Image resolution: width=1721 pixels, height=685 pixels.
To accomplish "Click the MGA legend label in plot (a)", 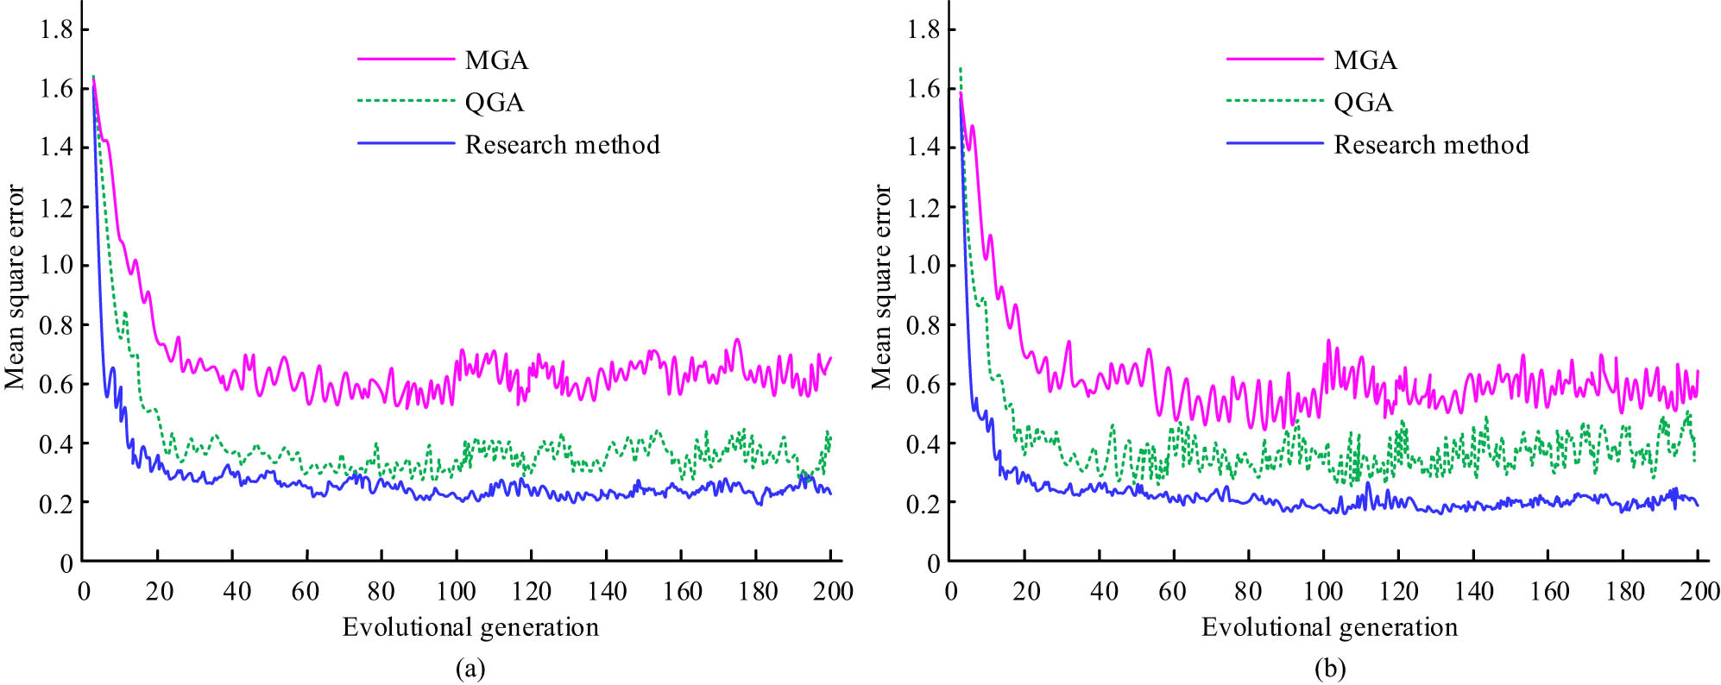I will pyautogui.click(x=496, y=60).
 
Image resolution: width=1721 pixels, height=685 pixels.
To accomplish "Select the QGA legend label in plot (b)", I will pyautogui.click(x=1363, y=103).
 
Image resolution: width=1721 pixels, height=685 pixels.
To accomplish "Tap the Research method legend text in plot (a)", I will pyautogui.click(x=562, y=145).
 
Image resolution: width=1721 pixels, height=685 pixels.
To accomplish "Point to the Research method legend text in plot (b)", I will pyautogui.click(x=1431, y=145).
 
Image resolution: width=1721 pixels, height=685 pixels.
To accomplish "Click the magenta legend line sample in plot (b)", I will pyautogui.click(x=1274, y=60).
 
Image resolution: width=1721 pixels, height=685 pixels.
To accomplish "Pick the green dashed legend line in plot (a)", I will pyautogui.click(x=406, y=102).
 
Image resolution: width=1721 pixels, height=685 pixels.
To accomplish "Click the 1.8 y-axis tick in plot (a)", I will pyautogui.click(x=55, y=30).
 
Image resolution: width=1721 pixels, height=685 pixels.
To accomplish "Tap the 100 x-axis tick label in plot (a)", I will pyautogui.click(x=456, y=592).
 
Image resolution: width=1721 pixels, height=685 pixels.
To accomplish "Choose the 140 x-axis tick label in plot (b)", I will pyautogui.click(x=1473, y=592).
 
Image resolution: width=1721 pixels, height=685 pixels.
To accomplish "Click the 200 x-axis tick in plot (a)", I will pyautogui.click(x=831, y=592).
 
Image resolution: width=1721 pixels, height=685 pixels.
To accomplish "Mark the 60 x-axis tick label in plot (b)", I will pyautogui.click(x=1172, y=592).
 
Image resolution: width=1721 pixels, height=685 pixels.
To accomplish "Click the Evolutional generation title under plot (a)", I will pyautogui.click(x=470, y=627).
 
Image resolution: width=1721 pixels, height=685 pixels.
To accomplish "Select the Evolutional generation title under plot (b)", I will pyautogui.click(x=1329, y=627).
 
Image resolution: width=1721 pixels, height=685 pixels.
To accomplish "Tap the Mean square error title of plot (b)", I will pyautogui.click(x=881, y=287).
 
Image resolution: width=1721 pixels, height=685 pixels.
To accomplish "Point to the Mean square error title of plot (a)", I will pyautogui.click(x=15, y=287).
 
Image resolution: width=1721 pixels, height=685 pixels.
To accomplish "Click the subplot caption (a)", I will pyautogui.click(x=470, y=669).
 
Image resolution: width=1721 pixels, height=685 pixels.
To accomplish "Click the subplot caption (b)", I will pyautogui.click(x=1329, y=669).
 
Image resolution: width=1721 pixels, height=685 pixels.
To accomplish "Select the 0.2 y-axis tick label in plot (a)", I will pyautogui.click(x=55, y=503).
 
